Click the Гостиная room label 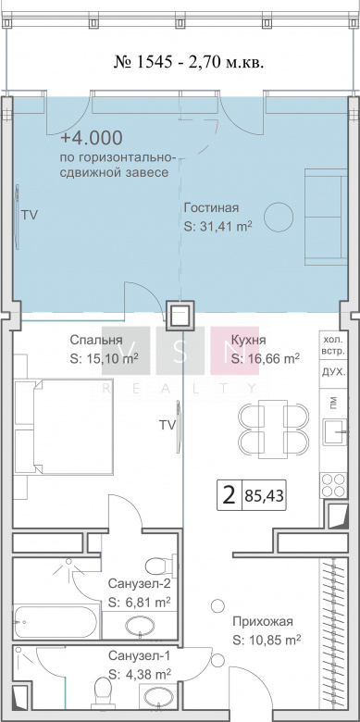point(211,208)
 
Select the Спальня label point(96,341)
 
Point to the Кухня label point(249,341)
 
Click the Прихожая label point(263,622)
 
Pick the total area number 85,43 point(265,496)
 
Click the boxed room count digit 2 point(229,496)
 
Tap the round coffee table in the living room point(278,218)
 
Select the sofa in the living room point(326,218)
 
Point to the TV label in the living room point(30,215)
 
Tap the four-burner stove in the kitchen point(333,484)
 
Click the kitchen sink point(334,431)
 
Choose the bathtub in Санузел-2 point(56,622)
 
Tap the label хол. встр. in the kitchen point(333,345)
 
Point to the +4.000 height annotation point(92,138)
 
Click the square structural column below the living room point(180,317)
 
